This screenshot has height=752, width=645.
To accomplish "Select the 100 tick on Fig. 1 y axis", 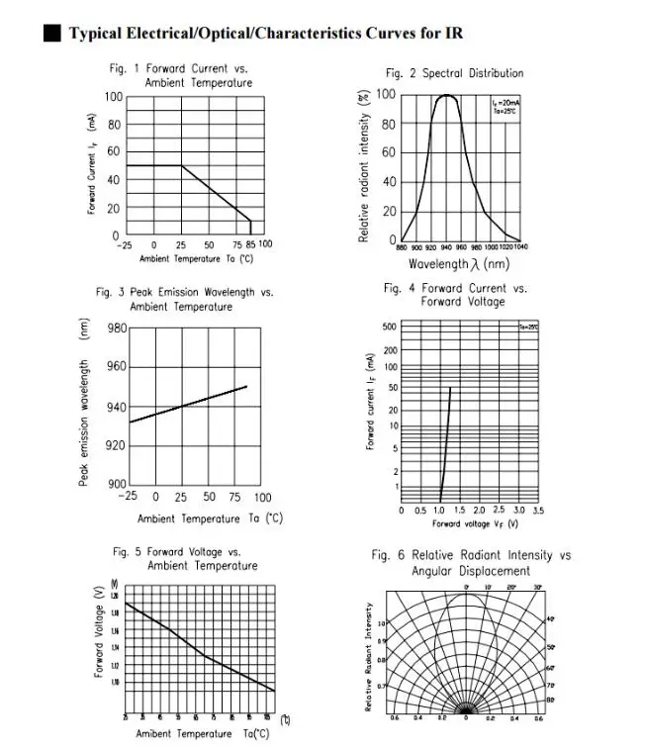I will coord(114,97).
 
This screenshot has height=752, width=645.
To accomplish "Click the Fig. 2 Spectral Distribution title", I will coord(454,73).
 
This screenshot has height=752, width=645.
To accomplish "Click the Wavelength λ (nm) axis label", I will coord(459,264).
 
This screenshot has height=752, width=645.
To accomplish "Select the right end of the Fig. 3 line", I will coord(246,386).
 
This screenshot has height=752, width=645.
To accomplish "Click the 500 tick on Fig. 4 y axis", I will coord(389,328).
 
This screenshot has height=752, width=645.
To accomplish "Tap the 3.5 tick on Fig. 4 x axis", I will coord(537,511).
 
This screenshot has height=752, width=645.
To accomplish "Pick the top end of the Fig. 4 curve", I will coord(450,387).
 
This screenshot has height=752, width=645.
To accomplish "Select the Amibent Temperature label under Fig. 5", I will coord(202,733).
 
